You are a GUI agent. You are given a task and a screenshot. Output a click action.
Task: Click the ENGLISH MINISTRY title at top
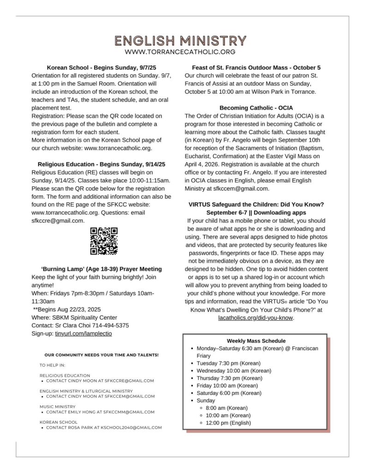(x=180, y=41)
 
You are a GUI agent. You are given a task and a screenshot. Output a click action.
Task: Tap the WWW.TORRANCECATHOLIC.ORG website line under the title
(x=180, y=52)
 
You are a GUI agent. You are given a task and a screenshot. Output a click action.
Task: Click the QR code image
(x=104, y=241)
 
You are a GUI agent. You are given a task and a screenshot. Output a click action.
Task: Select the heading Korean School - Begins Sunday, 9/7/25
(x=102, y=67)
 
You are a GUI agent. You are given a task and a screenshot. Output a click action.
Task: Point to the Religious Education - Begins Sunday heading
(x=102, y=164)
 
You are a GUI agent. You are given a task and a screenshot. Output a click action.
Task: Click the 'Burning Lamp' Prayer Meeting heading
(x=102, y=269)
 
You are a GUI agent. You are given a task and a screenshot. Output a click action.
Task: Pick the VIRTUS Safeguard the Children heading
(x=256, y=204)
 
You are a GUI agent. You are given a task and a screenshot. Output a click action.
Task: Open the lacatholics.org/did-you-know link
(x=256, y=318)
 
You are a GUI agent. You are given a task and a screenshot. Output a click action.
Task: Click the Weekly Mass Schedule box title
(x=256, y=341)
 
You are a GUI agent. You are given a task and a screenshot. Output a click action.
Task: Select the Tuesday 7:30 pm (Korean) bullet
(x=228, y=363)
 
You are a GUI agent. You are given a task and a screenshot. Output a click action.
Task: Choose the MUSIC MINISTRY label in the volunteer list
(x=58, y=406)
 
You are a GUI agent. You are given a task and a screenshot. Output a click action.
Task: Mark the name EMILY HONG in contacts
(x=81, y=412)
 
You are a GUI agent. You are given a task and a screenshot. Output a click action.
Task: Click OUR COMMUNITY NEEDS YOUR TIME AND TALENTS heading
(x=102, y=355)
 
